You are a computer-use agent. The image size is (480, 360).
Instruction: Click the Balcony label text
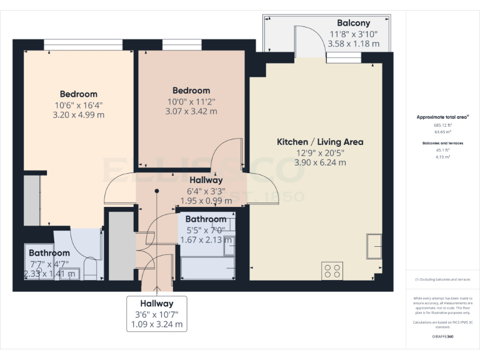tap(353, 22)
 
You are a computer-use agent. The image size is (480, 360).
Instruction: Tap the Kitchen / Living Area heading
tap(320, 142)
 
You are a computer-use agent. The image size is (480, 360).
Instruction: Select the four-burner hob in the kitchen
tap(332, 271)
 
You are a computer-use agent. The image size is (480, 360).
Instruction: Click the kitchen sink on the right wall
tap(375, 245)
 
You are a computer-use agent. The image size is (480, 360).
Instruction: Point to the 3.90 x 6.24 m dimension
tap(320, 162)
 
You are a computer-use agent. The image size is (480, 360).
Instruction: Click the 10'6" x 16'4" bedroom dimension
tap(79, 105)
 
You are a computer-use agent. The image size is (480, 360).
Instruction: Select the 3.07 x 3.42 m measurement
tap(191, 111)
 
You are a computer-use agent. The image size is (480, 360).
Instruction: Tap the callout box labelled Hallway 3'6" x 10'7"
tap(157, 313)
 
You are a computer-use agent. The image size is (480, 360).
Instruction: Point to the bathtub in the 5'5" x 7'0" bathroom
tap(207, 269)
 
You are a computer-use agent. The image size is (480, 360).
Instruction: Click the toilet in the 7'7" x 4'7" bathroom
tap(89, 269)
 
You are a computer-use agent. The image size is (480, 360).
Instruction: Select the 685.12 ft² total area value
tap(442, 125)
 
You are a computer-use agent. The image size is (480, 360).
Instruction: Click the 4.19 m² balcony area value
tap(442, 157)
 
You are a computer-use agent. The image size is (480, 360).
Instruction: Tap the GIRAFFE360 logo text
tap(442, 337)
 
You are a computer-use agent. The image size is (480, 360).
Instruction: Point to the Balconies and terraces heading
tap(442, 143)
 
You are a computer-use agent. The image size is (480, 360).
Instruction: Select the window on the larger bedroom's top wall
tap(82, 46)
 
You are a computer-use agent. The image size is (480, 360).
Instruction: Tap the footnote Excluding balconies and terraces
tap(442, 279)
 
